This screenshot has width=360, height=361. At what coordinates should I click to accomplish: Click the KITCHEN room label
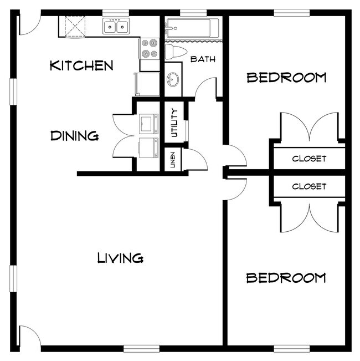pos(81,65)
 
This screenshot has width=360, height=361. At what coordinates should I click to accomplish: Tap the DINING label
pos(74,135)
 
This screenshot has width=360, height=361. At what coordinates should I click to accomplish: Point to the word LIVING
pos(120,258)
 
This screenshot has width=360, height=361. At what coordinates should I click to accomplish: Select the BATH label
pos(203,59)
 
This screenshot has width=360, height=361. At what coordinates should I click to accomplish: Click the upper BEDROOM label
pos(286,77)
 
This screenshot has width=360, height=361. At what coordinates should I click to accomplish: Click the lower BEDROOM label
pos(286,278)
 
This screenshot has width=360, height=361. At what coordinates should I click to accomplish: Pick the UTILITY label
pos(174,123)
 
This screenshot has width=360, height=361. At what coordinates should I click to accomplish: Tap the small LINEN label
pos(173,160)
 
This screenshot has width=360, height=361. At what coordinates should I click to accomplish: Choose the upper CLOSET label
pos(309,159)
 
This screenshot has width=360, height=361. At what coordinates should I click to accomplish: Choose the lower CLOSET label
pos(309,186)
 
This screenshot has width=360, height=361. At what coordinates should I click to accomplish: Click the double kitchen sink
pos(116,26)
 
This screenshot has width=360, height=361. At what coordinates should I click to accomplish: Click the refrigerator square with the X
pos(74,26)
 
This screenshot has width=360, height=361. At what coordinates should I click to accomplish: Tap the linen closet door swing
pos(197,158)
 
